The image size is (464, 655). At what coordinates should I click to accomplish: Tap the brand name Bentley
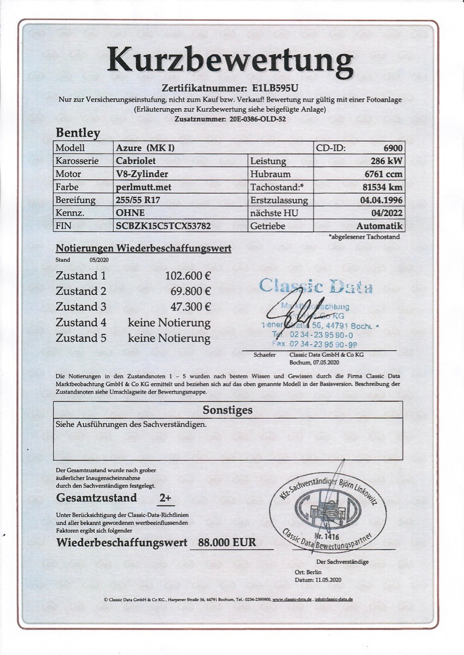pyautogui.click(x=78, y=133)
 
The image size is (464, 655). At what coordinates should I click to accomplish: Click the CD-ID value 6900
pyautogui.click(x=392, y=148)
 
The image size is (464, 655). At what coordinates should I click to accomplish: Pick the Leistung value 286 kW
pyautogui.click(x=386, y=161)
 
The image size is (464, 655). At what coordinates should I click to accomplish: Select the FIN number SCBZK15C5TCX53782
pyautogui.click(x=163, y=225)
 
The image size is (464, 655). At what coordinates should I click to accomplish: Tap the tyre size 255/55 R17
pyautogui.click(x=139, y=200)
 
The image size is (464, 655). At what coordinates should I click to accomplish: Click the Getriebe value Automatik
pyautogui.click(x=379, y=225)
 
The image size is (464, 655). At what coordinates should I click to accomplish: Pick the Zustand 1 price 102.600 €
pyautogui.click(x=188, y=276)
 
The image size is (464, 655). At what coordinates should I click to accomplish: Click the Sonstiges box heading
pyautogui.click(x=227, y=410)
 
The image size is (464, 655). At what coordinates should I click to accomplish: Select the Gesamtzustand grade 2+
pyautogui.click(x=165, y=498)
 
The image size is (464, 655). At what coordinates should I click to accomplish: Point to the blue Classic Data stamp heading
pyautogui.click(x=315, y=285)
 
